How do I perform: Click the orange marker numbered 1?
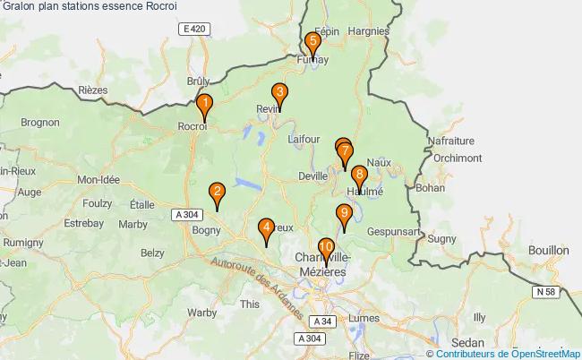pyautogui.click(x=204, y=107)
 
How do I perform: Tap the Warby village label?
pyautogui.click(x=202, y=313)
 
